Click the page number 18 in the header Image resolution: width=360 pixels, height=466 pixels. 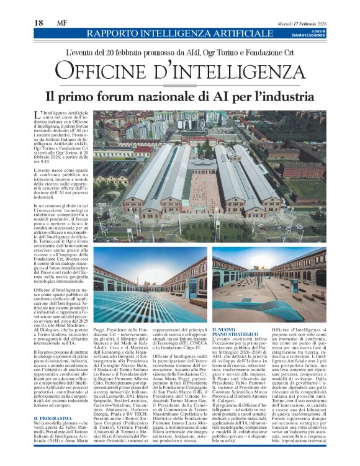[x=38, y=24]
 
